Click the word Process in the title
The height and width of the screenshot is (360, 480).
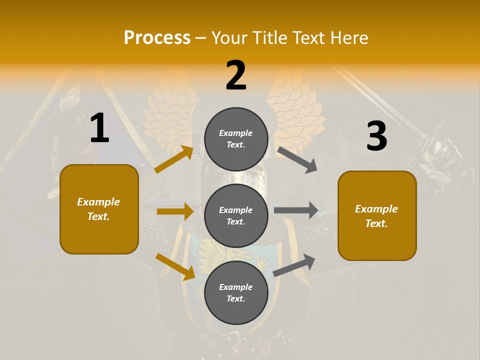click(x=157, y=38)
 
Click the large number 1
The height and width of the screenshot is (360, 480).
click(x=99, y=128)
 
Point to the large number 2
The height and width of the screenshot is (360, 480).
click(x=236, y=76)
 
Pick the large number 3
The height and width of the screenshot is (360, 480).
click(x=376, y=136)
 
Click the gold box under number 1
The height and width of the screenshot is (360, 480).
click(x=99, y=209)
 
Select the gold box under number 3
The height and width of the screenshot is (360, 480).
click(x=377, y=215)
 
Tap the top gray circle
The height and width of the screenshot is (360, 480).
click(x=236, y=139)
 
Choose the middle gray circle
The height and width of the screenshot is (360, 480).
click(x=236, y=215)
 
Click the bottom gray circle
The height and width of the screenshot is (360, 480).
click(x=236, y=292)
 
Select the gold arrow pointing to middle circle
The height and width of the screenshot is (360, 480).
click(x=175, y=211)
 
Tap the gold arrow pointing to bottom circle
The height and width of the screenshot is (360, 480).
click(x=175, y=266)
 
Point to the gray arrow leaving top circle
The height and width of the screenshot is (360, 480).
click(x=297, y=159)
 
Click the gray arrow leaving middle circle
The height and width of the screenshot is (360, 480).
click(x=296, y=210)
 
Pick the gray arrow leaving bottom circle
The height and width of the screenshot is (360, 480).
click(x=294, y=265)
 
